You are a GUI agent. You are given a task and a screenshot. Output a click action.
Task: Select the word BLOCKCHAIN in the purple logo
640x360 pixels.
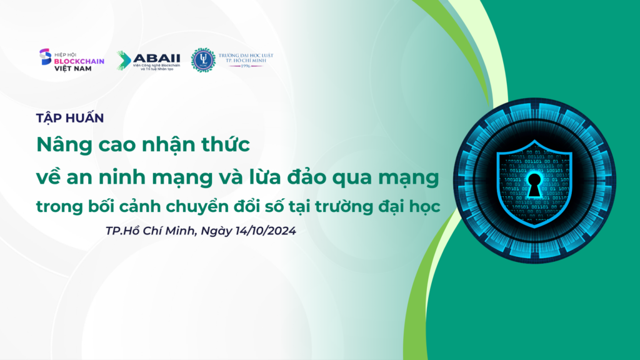(79, 61)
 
